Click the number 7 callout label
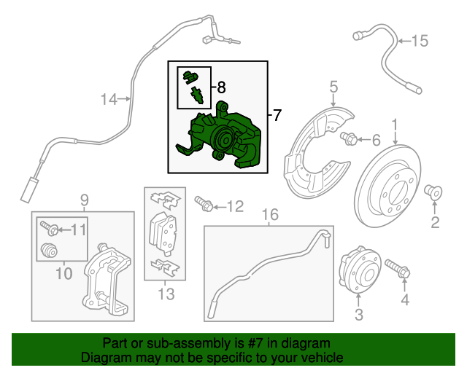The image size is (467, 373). (276, 115)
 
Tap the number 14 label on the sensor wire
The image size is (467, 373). (108, 100)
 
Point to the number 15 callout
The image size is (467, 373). (420, 40)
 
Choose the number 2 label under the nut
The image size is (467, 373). (435, 222)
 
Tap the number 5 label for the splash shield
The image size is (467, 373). (333, 88)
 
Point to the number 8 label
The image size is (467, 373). (221, 87)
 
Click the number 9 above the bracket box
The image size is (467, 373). (83, 199)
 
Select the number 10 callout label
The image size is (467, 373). (63, 273)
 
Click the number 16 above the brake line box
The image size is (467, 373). (270, 214)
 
